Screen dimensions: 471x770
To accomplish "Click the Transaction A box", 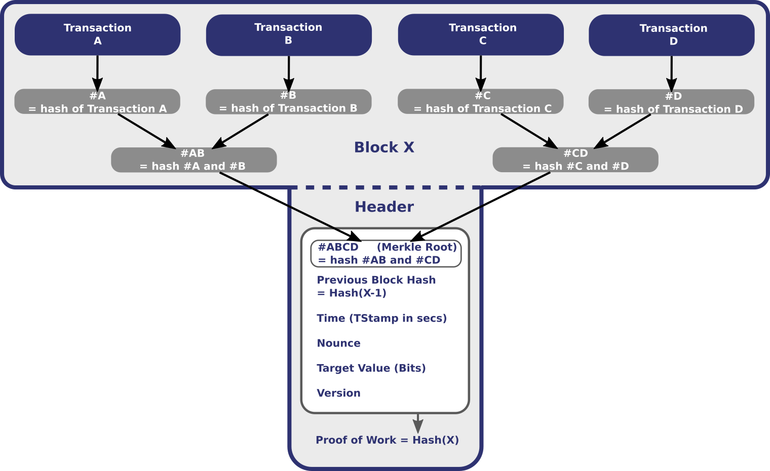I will point(97,34).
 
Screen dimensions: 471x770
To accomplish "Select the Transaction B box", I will point(289,34).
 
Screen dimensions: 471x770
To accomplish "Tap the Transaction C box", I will point(481,34).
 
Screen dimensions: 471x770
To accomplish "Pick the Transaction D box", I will point(672,35).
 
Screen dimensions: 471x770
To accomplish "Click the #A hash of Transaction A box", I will point(97,102).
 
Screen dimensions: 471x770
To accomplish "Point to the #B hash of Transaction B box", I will point(289,102).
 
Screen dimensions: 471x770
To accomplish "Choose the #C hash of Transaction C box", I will point(481,102).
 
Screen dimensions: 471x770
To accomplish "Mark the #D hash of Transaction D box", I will point(672,102).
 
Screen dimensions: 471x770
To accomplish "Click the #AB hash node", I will point(194,160).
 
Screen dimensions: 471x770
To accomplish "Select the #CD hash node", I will point(575,160).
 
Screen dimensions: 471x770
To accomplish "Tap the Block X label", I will point(384,147).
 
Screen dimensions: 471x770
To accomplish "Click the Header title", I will point(384,207).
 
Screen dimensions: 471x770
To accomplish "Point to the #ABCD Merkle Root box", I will point(386,254).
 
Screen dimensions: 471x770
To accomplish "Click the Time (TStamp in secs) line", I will point(381,318).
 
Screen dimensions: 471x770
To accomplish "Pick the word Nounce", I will point(338,343).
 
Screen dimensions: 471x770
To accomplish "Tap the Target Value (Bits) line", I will point(371,368).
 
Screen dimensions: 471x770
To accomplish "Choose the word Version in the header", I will point(338,393).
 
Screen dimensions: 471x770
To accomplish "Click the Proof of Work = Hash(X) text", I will point(387,440).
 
